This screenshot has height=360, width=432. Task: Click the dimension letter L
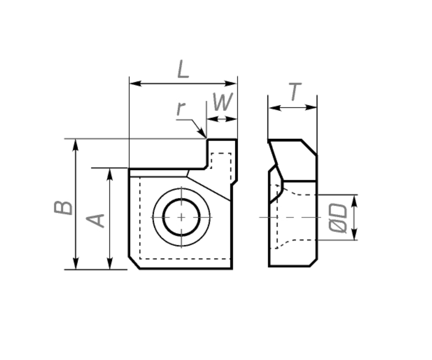point(183,69)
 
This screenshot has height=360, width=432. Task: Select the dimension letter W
point(223,102)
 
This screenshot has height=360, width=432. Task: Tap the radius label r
point(181,108)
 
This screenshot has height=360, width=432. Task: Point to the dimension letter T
point(295,92)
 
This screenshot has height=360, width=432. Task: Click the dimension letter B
point(63,208)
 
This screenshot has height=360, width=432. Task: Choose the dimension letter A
point(96,221)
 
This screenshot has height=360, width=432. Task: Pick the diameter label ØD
point(338,218)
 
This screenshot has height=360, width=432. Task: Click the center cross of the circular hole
point(181,217)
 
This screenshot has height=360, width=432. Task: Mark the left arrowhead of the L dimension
point(135,83)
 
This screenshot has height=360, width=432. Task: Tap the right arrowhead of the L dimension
point(231,83)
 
